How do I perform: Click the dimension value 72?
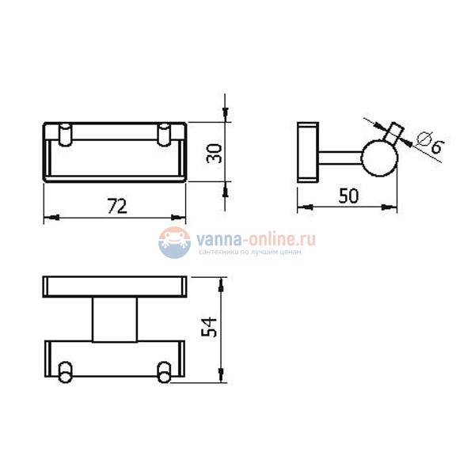(116, 207)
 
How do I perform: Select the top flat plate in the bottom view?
(115, 287)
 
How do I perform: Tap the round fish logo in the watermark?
(174, 243)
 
